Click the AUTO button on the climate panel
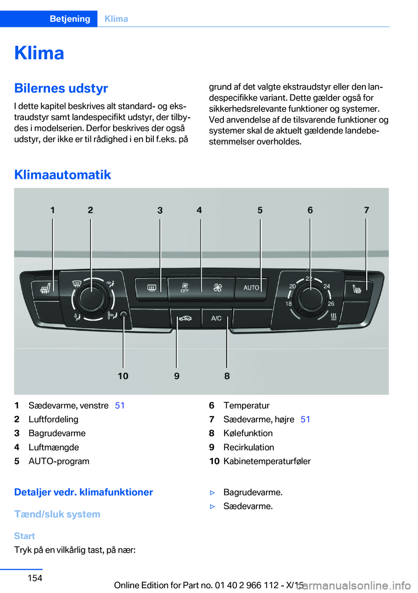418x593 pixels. pyautogui.click(x=251, y=288)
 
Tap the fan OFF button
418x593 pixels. pyautogui.click(x=185, y=288)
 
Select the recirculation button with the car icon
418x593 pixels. pyautogui.click(x=185, y=318)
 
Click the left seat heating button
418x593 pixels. pyautogui.click(x=45, y=288)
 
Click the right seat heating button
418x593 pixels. pyautogui.click(x=357, y=289)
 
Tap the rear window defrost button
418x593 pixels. pyautogui.click(x=151, y=288)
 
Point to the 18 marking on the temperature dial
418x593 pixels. pyautogui.click(x=289, y=303)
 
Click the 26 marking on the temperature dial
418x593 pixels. pyautogui.click(x=331, y=303)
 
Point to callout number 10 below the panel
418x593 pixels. pyautogui.click(x=123, y=376)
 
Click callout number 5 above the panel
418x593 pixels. pyautogui.click(x=260, y=210)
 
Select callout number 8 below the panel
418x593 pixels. pyautogui.click(x=227, y=376)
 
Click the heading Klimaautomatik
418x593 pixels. pyautogui.click(x=63, y=175)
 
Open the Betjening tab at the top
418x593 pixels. pyautogui.click(x=70, y=19)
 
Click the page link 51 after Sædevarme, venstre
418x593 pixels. pyautogui.click(x=120, y=405)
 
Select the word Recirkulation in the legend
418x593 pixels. pyautogui.click(x=249, y=447)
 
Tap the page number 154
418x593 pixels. pyautogui.click(x=35, y=578)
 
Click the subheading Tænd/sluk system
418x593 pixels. pyautogui.click(x=57, y=514)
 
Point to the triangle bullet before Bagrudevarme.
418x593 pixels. pyautogui.click(x=212, y=492)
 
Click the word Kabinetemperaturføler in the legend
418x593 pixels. pyautogui.click(x=267, y=461)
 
